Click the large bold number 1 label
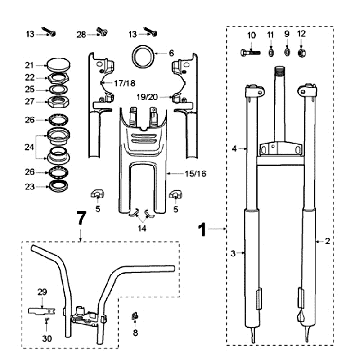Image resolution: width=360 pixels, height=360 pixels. (202, 228)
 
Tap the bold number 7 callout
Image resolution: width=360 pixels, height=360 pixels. (79, 216)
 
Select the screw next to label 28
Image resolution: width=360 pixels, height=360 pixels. (103, 33)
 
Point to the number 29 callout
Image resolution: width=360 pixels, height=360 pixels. (41, 291)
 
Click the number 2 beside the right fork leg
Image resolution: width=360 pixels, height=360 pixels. (328, 242)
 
